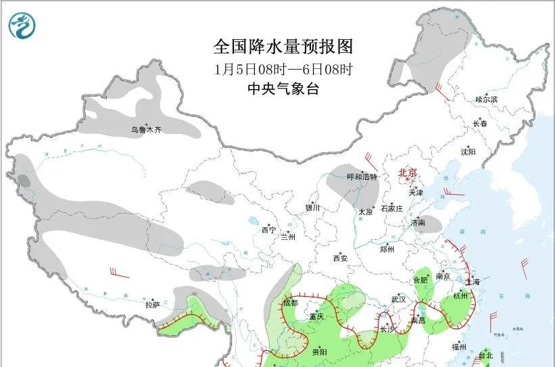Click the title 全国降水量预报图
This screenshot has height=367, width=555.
point(283,47)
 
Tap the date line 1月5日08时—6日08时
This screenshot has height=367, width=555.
point(283,68)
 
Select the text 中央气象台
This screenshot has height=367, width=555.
point(283,89)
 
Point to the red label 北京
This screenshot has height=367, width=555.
point(408,172)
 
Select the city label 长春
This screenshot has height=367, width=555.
point(480,124)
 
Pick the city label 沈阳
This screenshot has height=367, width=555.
point(468,152)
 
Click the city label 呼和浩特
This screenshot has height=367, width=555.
point(362,176)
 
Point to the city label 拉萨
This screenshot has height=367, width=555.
point(152,304)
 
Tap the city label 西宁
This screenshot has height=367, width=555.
point(268,230)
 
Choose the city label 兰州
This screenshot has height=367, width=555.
point(289,237)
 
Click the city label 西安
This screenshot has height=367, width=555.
point(340,258)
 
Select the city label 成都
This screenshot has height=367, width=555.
point(290,303)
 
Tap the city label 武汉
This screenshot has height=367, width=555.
point(398,299)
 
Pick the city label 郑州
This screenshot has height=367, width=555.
point(387,249)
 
